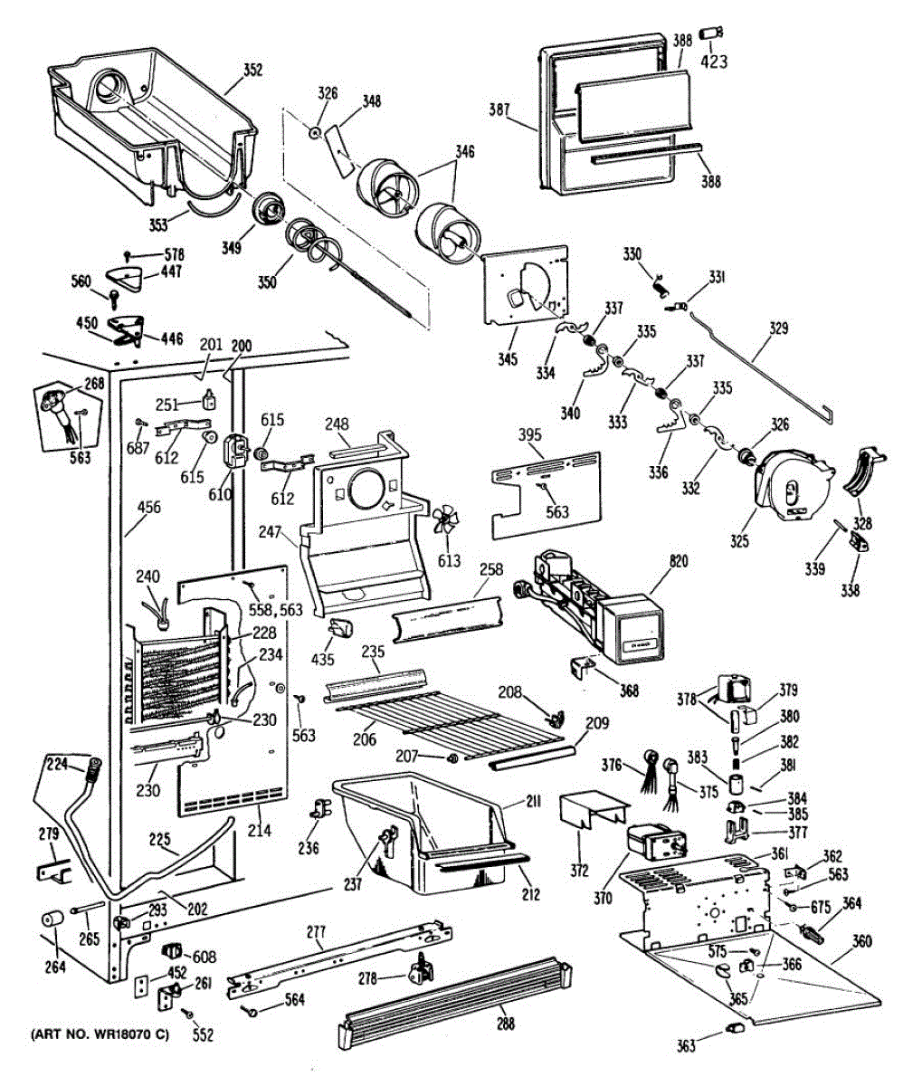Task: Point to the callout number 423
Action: (x=716, y=62)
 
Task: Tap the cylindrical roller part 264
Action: (x=51, y=923)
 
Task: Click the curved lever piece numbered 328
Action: (x=864, y=471)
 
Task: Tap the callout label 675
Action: (x=821, y=908)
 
